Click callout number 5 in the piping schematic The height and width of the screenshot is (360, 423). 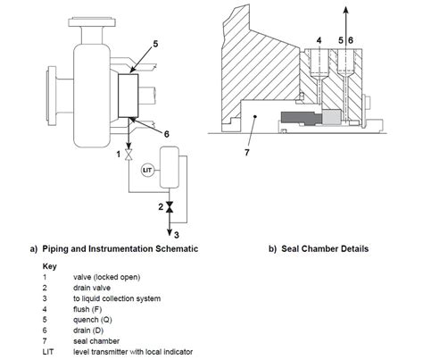click(155, 42)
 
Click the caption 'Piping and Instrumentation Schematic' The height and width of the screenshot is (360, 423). click(125, 247)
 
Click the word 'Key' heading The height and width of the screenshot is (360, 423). click(50, 266)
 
